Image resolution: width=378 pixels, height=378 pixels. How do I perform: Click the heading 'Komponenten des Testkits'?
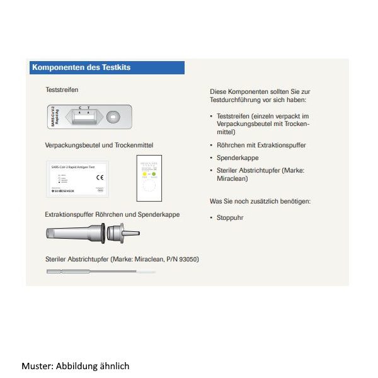[81, 67]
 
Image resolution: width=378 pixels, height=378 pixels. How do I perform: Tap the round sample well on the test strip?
[113, 117]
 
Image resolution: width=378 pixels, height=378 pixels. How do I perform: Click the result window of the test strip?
[84, 117]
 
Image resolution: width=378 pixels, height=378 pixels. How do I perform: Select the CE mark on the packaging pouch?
[99, 178]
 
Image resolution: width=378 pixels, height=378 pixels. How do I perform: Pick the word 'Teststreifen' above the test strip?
[62, 90]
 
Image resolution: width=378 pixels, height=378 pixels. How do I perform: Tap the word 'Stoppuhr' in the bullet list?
[230, 217]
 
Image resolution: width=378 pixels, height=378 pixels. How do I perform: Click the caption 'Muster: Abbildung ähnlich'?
[75, 365]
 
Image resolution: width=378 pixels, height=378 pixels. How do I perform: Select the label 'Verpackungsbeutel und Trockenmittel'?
[99, 145]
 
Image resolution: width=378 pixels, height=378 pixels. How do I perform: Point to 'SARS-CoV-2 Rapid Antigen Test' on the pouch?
[72, 167]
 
